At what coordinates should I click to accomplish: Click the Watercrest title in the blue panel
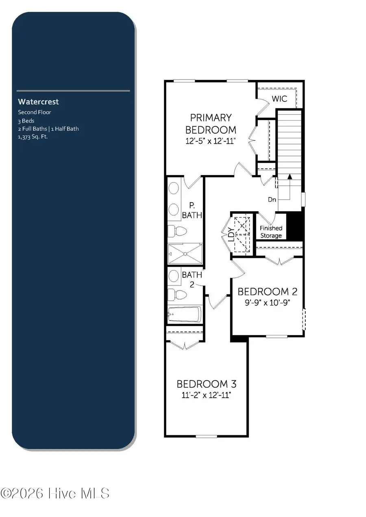[38, 102]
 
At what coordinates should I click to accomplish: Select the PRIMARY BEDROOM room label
[211, 124]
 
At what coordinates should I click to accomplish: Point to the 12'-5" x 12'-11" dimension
[211, 141]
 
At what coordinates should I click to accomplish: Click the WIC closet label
[279, 99]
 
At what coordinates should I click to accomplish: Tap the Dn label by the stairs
[272, 199]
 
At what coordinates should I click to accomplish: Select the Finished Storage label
[271, 232]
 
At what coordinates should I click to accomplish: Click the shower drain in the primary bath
[185, 254]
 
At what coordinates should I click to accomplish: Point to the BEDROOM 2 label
[267, 292]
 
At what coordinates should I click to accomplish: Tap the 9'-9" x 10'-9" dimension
[267, 303]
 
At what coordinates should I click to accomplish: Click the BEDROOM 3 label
[206, 384]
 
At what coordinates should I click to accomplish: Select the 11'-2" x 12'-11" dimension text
[206, 395]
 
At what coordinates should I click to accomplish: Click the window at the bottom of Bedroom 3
[206, 436]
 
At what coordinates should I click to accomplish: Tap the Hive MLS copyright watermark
[55, 493]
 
